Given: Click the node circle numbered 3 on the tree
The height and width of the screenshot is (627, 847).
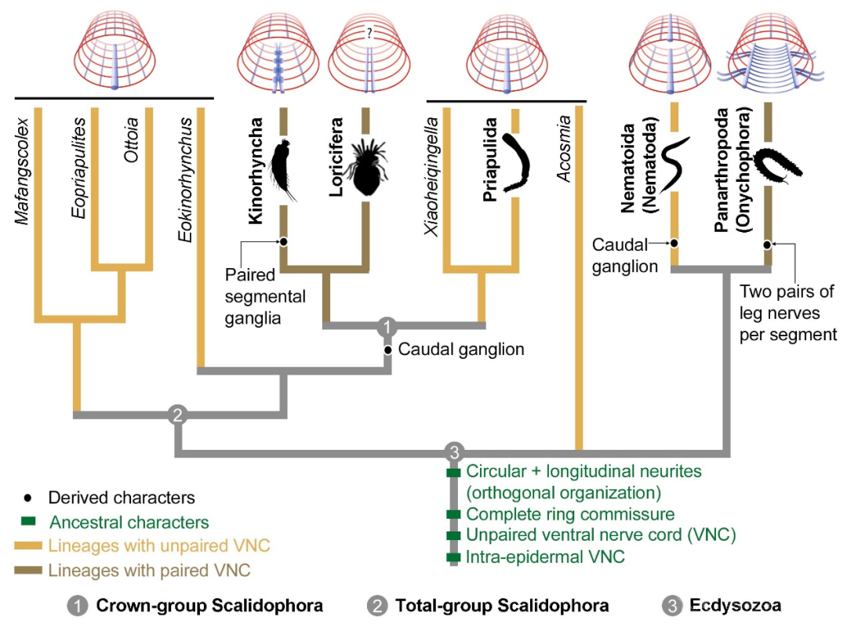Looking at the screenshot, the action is pyautogui.click(x=454, y=452).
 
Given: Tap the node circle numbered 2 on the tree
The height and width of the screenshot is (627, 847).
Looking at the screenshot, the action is pyautogui.click(x=177, y=415).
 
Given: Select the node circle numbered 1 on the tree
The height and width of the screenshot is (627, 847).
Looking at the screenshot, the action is pyautogui.click(x=387, y=326).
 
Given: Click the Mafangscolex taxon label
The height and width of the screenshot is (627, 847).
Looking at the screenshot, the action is pyautogui.click(x=22, y=171).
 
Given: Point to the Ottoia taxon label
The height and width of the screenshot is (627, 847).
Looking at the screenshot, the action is pyautogui.click(x=131, y=140).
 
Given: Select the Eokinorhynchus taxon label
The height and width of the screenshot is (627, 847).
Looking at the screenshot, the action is pyautogui.click(x=185, y=179).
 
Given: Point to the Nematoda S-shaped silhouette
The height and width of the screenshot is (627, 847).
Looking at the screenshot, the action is pyautogui.click(x=675, y=164).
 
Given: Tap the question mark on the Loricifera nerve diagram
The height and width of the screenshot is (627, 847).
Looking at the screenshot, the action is pyautogui.click(x=369, y=33).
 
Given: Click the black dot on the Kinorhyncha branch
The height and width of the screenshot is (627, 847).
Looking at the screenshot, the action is pyautogui.click(x=283, y=241).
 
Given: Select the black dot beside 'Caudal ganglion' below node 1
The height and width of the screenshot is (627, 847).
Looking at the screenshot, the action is pyautogui.click(x=388, y=350).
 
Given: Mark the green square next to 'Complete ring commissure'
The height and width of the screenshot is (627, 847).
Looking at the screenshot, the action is pyautogui.click(x=454, y=514).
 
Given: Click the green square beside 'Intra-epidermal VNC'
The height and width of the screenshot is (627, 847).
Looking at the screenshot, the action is pyautogui.click(x=454, y=556).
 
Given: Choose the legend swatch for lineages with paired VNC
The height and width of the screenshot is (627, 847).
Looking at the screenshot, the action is pyautogui.click(x=28, y=571).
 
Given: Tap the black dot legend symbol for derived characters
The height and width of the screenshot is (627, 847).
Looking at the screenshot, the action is pyautogui.click(x=27, y=498).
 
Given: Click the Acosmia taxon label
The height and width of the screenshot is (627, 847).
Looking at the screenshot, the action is pyautogui.click(x=563, y=148).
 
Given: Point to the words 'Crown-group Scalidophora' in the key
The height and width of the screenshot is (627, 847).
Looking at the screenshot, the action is pyautogui.click(x=209, y=605).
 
